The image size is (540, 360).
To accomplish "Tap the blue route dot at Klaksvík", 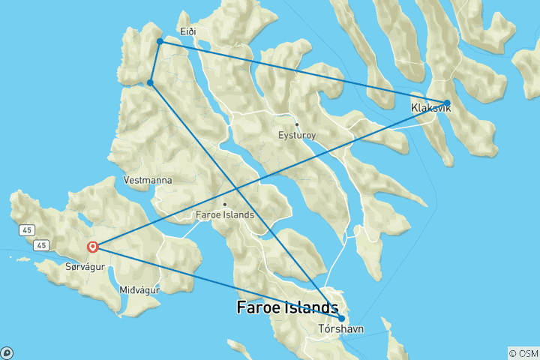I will point(447,103).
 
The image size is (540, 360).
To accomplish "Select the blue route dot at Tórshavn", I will point(341,318).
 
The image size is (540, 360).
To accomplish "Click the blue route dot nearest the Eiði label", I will point(160,41).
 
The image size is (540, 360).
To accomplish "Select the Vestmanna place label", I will point(148,181).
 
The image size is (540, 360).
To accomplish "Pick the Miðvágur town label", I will point(139,289).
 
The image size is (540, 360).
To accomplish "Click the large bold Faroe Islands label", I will point(287,307).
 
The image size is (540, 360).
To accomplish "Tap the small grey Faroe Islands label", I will point(224,214).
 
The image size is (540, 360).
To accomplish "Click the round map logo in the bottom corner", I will point(7,352).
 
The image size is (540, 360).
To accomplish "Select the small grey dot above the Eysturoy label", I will point(297,124).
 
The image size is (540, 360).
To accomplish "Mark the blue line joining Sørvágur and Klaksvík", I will point(270,175).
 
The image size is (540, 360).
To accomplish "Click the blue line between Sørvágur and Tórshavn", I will point(217,282).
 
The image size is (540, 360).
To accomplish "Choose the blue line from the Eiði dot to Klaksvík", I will point(300,71).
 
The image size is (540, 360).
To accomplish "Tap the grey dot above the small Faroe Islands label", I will point(224,204).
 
